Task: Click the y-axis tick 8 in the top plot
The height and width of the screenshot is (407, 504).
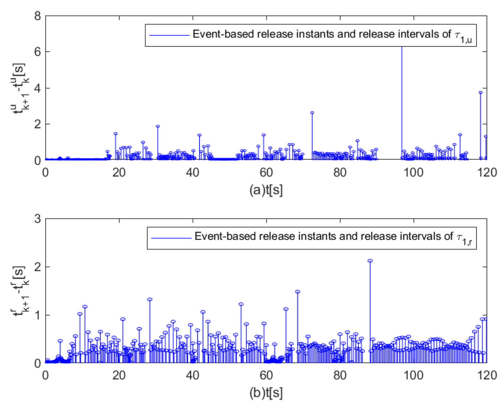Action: click(37, 17)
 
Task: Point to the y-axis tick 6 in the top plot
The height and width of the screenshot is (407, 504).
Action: click(37, 52)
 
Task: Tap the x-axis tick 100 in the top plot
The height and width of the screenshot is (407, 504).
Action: click(413, 173)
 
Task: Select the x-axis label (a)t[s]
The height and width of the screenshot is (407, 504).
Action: click(266, 190)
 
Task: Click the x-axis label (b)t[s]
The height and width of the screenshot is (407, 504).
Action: click(266, 393)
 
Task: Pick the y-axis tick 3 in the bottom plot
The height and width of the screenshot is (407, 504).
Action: click(37, 219)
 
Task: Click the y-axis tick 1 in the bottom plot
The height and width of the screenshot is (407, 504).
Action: click(37, 315)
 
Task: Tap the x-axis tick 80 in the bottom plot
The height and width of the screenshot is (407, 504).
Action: click(339, 375)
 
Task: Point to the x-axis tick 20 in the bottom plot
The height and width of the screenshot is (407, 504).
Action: click(119, 375)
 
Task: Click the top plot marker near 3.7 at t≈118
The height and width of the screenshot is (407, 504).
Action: click(480, 92)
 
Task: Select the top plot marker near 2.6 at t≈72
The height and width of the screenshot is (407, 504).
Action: click(312, 113)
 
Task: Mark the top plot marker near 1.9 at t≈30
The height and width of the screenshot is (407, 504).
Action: click(157, 126)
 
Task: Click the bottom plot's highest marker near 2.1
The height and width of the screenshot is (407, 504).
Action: click(370, 261)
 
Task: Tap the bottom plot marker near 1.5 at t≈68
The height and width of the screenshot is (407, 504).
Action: click(297, 292)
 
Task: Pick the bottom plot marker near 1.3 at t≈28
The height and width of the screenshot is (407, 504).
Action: click(150, 299)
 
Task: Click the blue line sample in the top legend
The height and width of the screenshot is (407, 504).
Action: click(169, 35)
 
